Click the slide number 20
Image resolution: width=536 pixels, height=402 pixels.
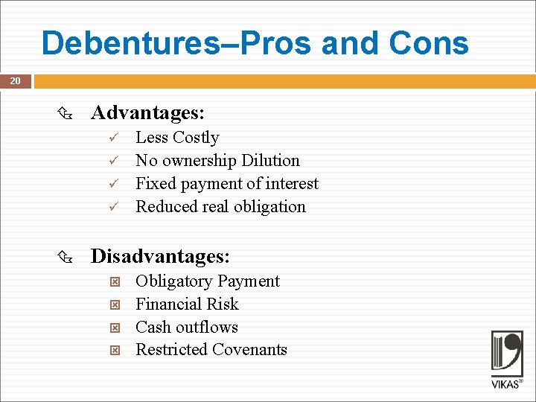tap(15, 81)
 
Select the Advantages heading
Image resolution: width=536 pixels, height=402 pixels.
tap(147, 113)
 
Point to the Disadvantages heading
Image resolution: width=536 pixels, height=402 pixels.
tap(160, 257)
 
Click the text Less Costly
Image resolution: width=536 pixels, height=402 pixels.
tap(177, 138)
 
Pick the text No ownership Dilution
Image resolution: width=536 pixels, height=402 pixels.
tap(217, 161)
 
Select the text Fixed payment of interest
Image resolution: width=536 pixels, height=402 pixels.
tap(227, 184)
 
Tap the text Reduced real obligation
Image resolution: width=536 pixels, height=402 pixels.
tap(220, 207)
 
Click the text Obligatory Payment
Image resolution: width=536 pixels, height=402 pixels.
tap(208, 281)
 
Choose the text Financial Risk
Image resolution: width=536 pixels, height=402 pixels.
tap(187, 304)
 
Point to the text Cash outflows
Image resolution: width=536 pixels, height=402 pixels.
tap(187, 328)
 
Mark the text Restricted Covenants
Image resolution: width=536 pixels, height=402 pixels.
tap(211, 350)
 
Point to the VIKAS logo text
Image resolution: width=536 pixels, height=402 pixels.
tap(506, 385)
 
